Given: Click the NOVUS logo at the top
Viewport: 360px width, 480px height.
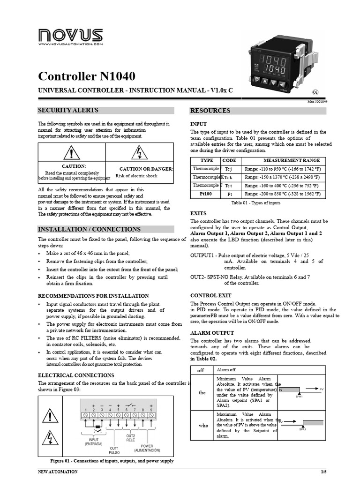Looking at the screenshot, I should pyautogui.click(x=70, y=35).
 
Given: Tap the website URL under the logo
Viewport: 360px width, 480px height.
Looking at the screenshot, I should pyautogui.click(x=70, y=44).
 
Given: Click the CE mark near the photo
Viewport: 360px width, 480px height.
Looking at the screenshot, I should pyautogui.click(x=315, y=92).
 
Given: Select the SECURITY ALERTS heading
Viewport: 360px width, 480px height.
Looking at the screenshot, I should pyautogui.click(x=68, y=111).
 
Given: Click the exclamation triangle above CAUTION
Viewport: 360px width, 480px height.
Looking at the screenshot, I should pyautogui.click(x=71, y=153).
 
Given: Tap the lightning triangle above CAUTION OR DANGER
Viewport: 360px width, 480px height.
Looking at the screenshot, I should pyautogui.click(x=140, y=153).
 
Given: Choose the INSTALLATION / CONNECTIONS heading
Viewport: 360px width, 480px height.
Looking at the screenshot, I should pyautogui.click(x=89, y=229).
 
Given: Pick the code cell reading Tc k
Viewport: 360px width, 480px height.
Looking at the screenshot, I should pyautogui.click(x=229, y=177).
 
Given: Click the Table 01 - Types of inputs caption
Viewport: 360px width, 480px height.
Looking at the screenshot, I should pyautogui.click(x=256, y=203).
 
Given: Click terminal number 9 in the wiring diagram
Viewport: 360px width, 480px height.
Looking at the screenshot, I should pyautogui.click(x=151, y=409).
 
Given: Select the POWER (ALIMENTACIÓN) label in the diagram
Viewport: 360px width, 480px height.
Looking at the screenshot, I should pyautogui.click(x=147, y=448).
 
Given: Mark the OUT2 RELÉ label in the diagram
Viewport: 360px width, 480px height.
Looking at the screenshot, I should pyautogui.click(x=130, y=438).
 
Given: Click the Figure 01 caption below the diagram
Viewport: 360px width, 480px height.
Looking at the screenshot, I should pyautogui.click(x=112, y=461).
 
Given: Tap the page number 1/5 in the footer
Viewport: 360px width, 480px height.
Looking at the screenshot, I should pyautogui.click(x=323, y=472).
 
